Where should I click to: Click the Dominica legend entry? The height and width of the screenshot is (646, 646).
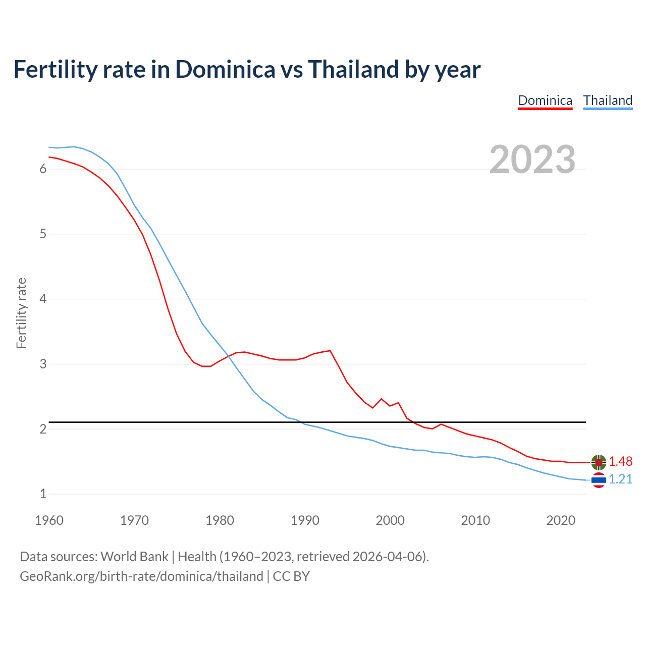point(545,100)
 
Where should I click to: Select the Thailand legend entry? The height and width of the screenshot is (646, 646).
point(608,100)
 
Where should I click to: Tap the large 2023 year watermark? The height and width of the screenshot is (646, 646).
point(532,159)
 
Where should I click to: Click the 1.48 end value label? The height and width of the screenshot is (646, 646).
point(620,461)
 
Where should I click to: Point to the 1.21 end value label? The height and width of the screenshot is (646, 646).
point(620,479)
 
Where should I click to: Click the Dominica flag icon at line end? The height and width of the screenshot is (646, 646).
point(599,462)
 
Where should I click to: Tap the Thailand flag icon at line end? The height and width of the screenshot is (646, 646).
point(599,480)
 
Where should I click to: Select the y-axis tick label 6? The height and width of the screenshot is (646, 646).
point(43,169)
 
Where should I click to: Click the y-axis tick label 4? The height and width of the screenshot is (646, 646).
point(43,299)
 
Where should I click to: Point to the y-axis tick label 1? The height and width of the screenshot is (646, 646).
point(43,494)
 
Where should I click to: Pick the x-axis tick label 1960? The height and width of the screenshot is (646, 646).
point(49,520)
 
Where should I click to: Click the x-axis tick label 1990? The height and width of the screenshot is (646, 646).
point(305,520)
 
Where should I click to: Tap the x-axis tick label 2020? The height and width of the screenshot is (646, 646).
point(561,520)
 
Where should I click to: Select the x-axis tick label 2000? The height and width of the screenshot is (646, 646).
point(390,520)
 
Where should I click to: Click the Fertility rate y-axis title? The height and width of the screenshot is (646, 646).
point(21,313)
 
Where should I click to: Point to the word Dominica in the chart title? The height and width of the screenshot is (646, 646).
point(225,69)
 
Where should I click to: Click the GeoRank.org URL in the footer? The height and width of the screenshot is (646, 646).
point(141,576)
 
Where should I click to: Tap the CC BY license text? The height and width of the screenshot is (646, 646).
point(291,576)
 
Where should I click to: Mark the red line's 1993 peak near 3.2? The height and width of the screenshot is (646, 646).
point(330,350)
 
